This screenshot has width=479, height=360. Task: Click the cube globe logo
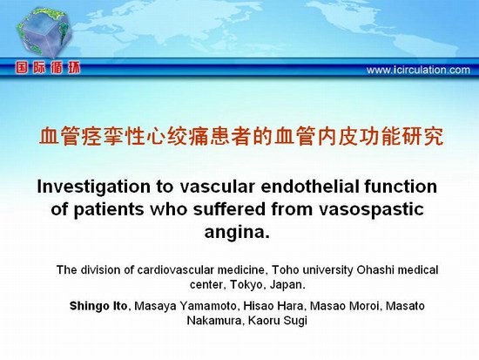tap(44, 32)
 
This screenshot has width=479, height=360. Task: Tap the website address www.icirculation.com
tap(418, 70)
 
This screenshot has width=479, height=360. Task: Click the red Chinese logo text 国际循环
tap(48, 68)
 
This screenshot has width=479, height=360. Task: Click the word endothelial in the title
tap(310, 187)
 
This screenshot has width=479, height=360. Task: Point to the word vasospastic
tap(372, 210)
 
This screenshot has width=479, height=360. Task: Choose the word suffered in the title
tap(229, 209)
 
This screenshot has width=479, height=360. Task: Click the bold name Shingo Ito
tap(98, 306)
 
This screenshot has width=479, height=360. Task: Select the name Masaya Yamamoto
tap(186, 306)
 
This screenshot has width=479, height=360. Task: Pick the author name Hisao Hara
tap(273, 306)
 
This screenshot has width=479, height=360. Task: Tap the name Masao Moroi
tap(344, 306)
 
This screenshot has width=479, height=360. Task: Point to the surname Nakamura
tap(213, 321)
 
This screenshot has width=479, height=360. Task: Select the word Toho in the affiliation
tap(283, 270)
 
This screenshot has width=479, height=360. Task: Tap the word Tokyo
tap(246, 285)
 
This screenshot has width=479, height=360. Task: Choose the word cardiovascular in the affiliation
tap(175, 270)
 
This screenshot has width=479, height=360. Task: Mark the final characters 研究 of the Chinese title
tap(423, 136)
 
